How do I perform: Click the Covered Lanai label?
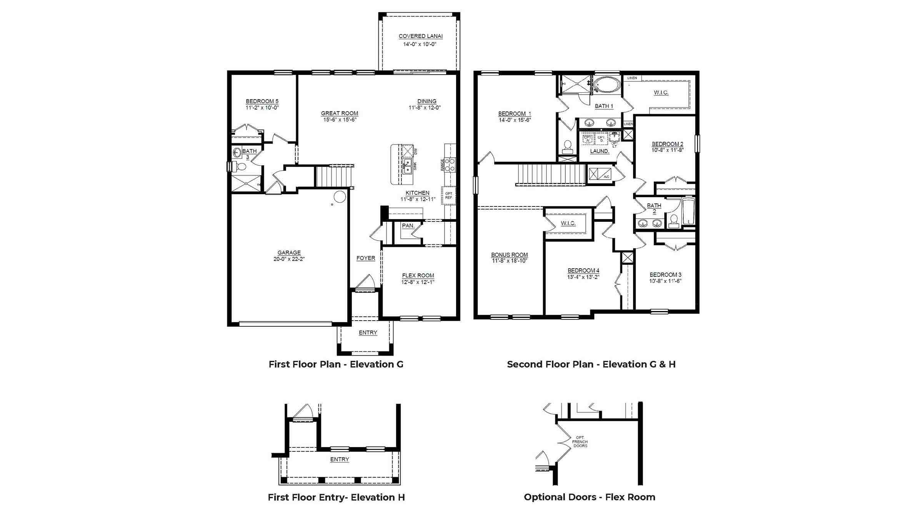point(420,36)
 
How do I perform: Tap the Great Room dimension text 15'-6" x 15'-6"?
point(340,120)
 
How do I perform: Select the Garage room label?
point(289,253)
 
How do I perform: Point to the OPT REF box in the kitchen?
point(448,196)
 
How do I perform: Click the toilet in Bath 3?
point(241,167)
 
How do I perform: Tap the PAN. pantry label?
point(408,226)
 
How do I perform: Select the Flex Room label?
point(418,275)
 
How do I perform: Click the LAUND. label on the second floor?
point(600,151)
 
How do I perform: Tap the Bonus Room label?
point(509,255)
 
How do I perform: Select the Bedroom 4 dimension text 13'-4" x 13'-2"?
point(583,277)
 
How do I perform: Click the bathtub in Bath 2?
point(688,212)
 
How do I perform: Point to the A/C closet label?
point(606,177)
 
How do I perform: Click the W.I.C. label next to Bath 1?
point(661,93)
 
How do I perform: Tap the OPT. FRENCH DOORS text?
point(580,442)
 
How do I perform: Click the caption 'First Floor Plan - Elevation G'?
point(336,364)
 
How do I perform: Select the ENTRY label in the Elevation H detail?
point(340,459)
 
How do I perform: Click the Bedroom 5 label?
point(262,101)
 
